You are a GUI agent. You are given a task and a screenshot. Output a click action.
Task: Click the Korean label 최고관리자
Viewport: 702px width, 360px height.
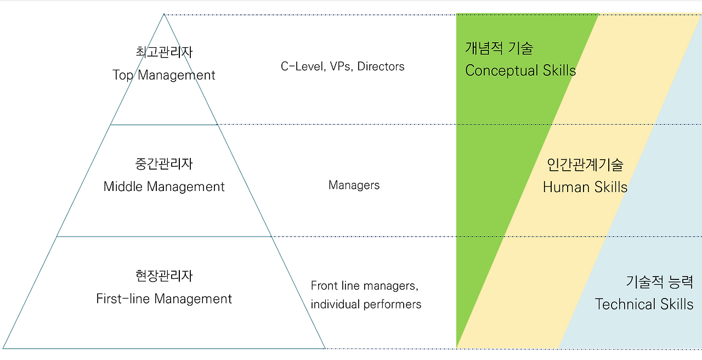tap(164, 52)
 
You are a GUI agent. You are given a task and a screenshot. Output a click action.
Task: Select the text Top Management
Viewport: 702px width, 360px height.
tap(164, 75)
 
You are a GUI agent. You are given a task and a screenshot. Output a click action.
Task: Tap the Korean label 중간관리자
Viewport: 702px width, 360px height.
tap(164, 164)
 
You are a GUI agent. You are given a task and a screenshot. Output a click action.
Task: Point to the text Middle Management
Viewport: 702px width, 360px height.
tap(164, 187)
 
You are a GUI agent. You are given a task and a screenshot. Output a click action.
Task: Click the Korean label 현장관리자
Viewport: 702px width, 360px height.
tap(164, 275)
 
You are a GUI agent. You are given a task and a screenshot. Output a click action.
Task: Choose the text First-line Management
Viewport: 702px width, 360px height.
tap(164, 299)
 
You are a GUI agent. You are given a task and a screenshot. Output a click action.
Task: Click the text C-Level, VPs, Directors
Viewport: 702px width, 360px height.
tap(342, 66)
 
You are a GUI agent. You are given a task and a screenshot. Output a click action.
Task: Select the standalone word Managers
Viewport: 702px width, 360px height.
tap(354, 185)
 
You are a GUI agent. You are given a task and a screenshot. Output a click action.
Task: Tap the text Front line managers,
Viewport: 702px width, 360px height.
tap(365, 285)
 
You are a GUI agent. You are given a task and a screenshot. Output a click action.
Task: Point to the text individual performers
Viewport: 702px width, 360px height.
tap(366, 304)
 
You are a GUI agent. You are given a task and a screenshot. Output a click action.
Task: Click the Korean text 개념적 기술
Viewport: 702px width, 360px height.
tap(499, 48)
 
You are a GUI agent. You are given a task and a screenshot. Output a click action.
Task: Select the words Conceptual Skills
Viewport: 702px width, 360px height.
tap(520, 70)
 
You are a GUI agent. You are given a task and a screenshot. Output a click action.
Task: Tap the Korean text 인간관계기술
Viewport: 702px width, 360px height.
tap(585, 164)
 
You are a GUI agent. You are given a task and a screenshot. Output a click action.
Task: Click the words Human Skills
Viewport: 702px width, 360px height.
tap(585, 187)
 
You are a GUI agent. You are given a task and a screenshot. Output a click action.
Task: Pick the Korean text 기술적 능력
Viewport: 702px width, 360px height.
tap(659, 282)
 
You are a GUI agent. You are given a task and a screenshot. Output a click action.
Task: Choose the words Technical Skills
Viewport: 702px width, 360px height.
tap(644, 304)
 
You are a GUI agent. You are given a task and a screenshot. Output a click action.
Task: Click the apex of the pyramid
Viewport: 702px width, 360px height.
tap(164, 15)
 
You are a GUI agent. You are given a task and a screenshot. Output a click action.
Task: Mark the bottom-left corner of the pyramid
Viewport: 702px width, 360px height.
tap(4, 348)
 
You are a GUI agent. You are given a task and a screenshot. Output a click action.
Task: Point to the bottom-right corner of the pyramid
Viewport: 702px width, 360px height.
tap(325, 348)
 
